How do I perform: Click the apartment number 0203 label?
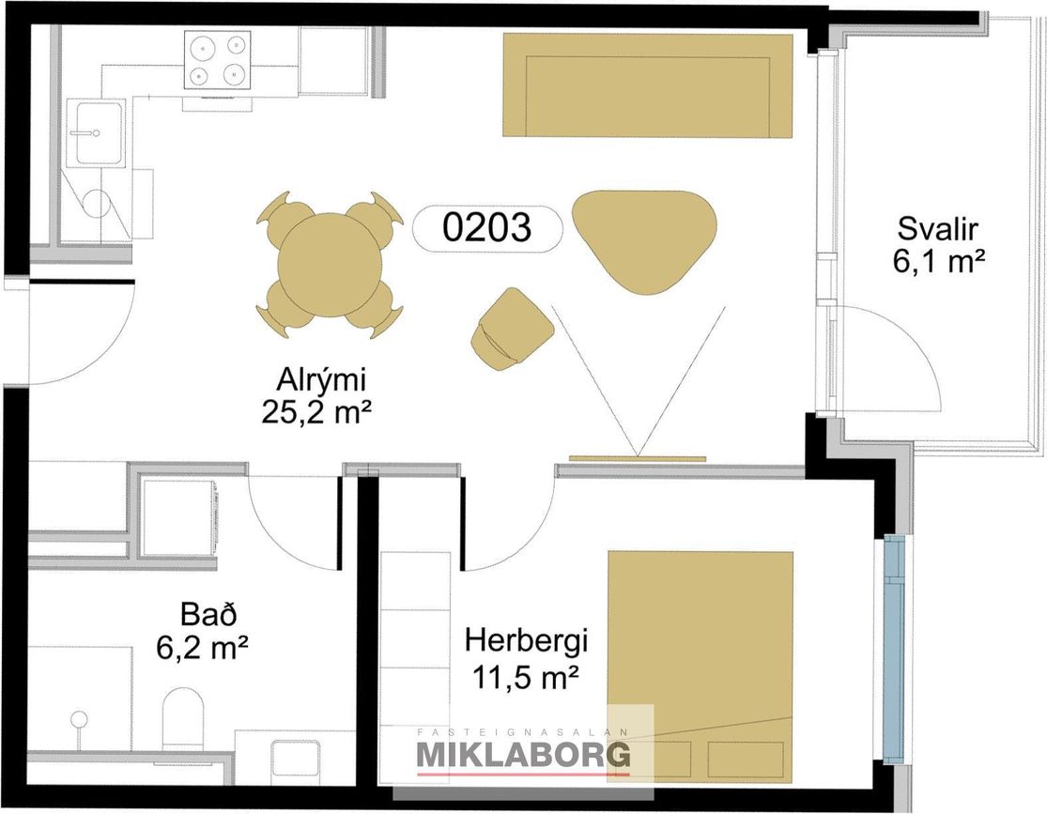coord(487,228)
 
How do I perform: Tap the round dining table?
coord(330,266)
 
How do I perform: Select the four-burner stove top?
coord(219,60)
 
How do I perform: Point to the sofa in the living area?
coord(648,84)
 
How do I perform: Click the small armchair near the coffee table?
coord(512,329)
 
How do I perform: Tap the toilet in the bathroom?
coord(182,719)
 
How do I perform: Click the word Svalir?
coord(938,228)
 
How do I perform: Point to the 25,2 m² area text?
coord(316,413)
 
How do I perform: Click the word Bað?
coord(208,614)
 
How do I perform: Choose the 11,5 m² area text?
coord(525,679)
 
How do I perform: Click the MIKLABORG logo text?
coord(523,755)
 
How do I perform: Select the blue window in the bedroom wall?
coord(893,649)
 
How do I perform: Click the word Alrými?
coord(322,381)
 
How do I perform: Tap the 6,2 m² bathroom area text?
coord(202,646)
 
